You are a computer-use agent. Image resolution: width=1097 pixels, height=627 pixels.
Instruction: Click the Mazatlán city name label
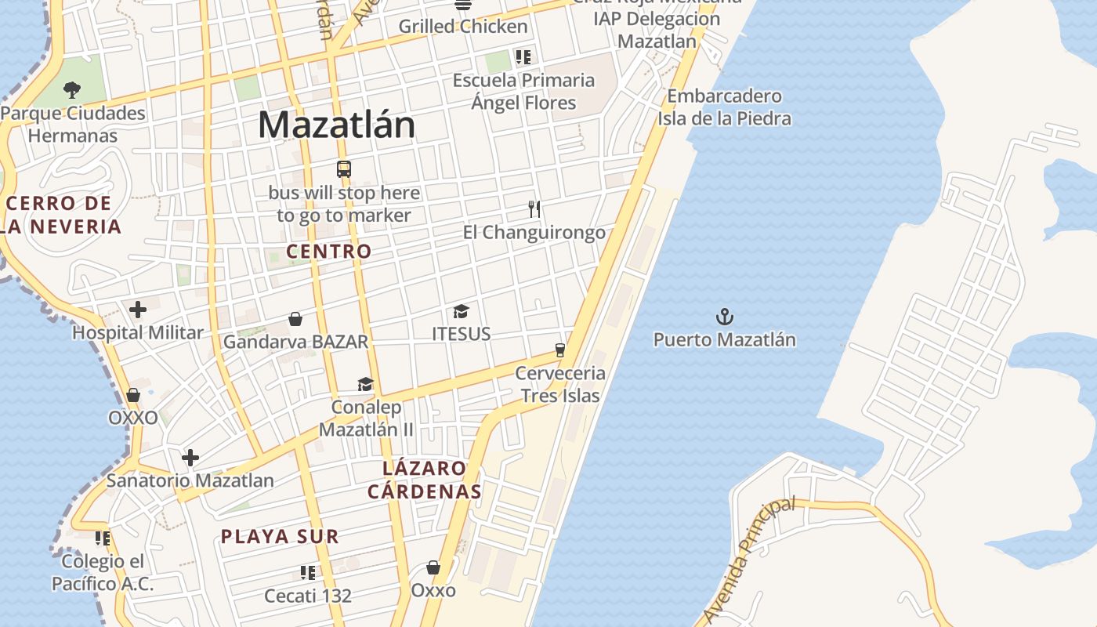click(x=336, y=125)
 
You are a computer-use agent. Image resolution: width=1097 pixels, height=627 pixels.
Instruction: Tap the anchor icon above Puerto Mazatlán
click(x=725, y=317)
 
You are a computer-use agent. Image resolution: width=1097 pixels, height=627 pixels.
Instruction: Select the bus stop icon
click(x=344, y=169)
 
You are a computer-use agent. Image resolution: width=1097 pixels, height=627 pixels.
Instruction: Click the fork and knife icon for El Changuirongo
click(x=534, y=209)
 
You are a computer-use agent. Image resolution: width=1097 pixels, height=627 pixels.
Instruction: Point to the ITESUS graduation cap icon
click(x=461, y=312)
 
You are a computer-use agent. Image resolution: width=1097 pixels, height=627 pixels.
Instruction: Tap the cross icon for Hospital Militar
click(x=138, y=310)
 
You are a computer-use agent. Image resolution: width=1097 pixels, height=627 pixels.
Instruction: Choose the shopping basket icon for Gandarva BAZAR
click(x=295, y=319)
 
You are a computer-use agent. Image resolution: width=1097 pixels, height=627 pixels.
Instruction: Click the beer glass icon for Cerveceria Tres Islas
click(x=560, y=350)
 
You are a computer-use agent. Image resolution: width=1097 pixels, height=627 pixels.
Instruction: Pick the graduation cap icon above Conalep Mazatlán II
click(x=366, y=384)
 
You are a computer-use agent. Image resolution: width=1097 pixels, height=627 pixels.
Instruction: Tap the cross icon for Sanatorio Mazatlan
click(x=190, y=458)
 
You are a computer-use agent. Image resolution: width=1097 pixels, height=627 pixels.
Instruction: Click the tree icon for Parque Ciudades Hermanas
click(x=72, y=89)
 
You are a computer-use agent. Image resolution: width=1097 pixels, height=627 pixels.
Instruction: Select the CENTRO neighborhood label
click(x=329, y=252)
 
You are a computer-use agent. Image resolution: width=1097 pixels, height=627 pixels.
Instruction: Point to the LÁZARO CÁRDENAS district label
click(x=425, y=480)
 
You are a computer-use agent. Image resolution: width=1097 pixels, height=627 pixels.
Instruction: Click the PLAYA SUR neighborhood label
click(x=280, y=537)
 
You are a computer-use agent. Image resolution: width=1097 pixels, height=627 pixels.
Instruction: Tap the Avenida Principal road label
click(x=749, y=560)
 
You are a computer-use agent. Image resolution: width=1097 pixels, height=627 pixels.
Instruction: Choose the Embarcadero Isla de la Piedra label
click(x=724, y=107)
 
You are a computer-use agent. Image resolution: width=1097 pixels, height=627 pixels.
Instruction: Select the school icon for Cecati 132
click(x=308, y=573)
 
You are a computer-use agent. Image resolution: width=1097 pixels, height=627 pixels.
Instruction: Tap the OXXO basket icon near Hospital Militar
click(x=133, y=395)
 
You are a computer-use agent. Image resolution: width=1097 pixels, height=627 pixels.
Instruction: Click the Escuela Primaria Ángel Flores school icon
click(x=523, y=56)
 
